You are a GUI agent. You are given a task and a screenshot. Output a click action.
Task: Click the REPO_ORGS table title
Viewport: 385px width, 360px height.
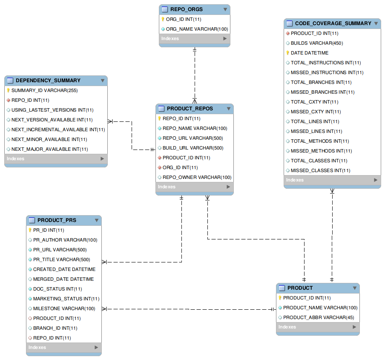pos(187,9)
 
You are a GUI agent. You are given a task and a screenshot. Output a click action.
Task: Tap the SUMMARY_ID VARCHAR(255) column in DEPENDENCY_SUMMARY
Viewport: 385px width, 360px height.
pos(44,90)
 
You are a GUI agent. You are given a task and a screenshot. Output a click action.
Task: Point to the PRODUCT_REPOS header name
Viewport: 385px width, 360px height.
pos(190,109)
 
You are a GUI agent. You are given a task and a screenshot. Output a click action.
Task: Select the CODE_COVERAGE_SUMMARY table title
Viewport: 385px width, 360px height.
pos(333,23)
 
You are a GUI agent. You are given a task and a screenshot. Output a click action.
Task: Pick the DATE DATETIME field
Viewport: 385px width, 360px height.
pos(310,53)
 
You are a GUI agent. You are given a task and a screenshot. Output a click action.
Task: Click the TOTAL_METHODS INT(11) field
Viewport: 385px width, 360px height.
pos(320,141)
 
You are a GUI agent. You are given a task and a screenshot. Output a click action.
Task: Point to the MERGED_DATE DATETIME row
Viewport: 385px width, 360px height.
pos(63,279)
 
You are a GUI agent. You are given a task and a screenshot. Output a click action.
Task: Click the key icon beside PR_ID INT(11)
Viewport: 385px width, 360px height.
pos(30,230)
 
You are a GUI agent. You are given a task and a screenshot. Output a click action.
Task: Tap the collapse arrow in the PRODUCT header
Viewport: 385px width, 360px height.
pos(355,288)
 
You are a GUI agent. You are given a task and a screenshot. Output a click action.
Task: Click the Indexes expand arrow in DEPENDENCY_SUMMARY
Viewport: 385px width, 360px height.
pos(102,158)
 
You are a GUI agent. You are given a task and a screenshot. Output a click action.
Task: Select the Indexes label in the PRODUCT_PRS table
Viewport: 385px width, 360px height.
pos(37,347)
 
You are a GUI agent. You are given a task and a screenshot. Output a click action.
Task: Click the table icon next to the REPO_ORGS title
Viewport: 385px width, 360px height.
pos(165,9)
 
